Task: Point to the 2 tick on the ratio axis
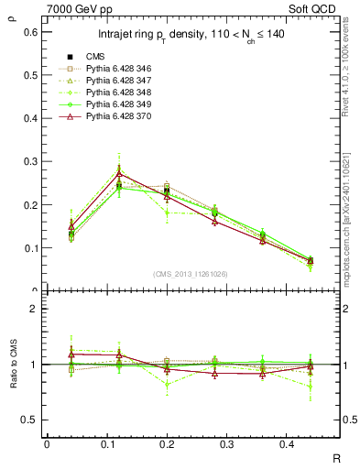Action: pyautogui.click(x=35, y=309)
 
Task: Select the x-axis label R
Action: pyautogui.click(x=336, y=455)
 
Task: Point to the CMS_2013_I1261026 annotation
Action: pyautogui.click(x=191, y=274)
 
